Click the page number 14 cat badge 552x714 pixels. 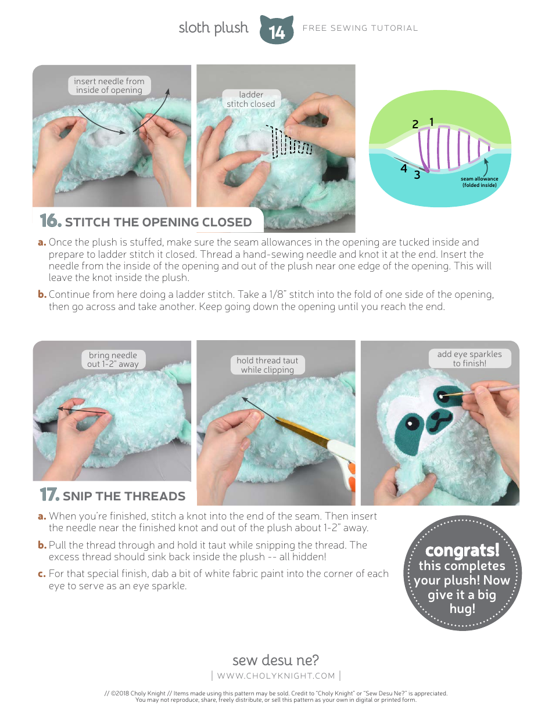click(x=277, y=31)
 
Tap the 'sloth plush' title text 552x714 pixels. click(x=213, y=28)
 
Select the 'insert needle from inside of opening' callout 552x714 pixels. click(x=109, y=85)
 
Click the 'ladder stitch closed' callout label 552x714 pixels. click(x=251, y=99)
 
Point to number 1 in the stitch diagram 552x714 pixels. click(x=432, y=122)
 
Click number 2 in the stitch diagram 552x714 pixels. click(x=415, y=124)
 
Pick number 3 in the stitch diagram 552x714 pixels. click(x=417, y=174)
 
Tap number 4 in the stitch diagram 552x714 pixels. click(x=404, y=169)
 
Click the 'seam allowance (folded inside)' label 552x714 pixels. click(x=479, y=182)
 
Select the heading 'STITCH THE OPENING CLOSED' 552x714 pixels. click(x=158, y=222)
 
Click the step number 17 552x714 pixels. click(x=49, y=495)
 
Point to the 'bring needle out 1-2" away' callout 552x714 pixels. click(x=113, y=359)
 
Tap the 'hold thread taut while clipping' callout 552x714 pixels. click(x=267, y=365)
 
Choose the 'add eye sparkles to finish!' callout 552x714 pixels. click(x=469, y=358)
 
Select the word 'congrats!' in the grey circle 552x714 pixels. click(x=462, y=550)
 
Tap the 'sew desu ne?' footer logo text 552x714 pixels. click(x=275, y=660)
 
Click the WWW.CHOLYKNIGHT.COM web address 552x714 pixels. click(x=276, y=676)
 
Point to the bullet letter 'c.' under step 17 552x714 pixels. click(x=42, y=574)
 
